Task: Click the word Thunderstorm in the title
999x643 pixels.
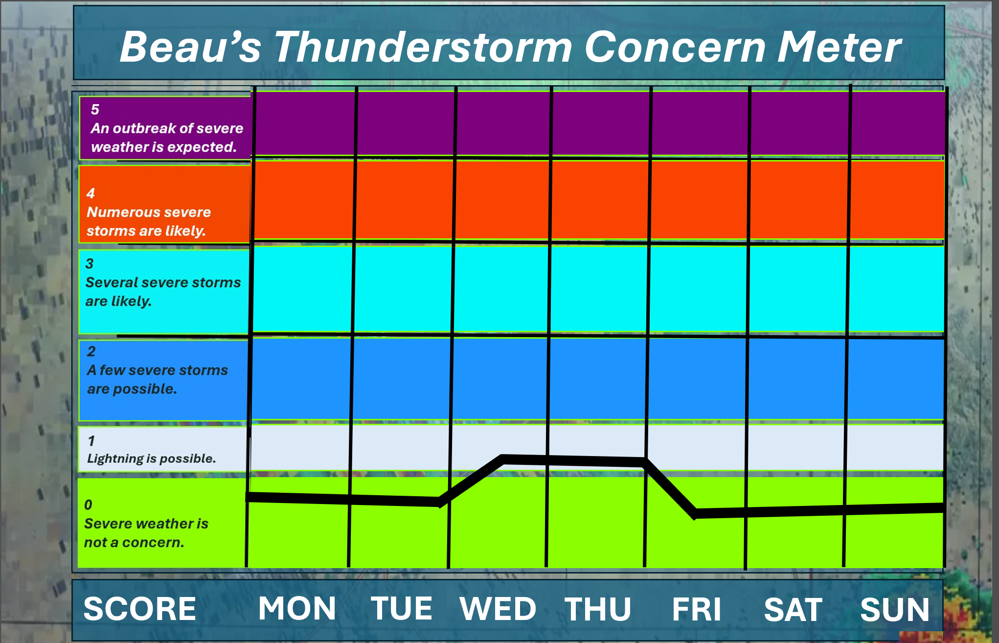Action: tap(423, 47)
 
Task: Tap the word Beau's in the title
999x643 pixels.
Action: tap(191, 47)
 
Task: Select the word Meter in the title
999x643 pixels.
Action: tap(839, 47)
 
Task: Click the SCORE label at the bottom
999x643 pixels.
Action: tap(140, 609)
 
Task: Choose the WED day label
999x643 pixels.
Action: tap(498, 609)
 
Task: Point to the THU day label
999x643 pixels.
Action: tap(598, 609)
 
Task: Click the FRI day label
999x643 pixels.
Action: tap(697, 609)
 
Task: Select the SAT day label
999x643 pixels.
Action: tap(793, 610)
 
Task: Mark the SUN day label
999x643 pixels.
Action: tap(895, 610)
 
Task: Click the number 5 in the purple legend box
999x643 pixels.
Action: tap(95, 110)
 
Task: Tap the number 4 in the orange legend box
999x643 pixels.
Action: tap(91, 193)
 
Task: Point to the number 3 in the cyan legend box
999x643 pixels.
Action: tap(90, 264)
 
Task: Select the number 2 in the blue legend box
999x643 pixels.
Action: tap(91, 351)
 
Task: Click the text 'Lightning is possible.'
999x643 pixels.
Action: tap(152, 459)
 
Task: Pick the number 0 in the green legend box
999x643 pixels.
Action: tap(88, 505)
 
